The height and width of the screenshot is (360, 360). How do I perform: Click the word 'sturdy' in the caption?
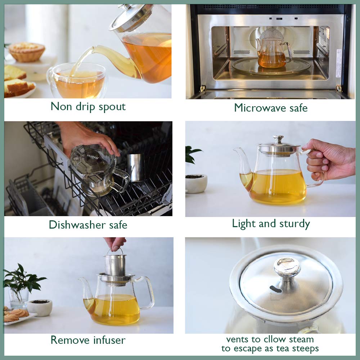pyautogui.click(x=294, y=224)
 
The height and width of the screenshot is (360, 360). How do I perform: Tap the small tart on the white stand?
pyautogui.click(x=27, y=51)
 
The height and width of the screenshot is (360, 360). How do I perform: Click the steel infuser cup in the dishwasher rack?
pyautogui.click(x=136, y=167)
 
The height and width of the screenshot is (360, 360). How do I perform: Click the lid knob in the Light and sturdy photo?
pyautogui.click(x=278, y=139)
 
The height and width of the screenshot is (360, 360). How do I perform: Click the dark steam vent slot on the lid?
pyautogui.click(x=276, y=289)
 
